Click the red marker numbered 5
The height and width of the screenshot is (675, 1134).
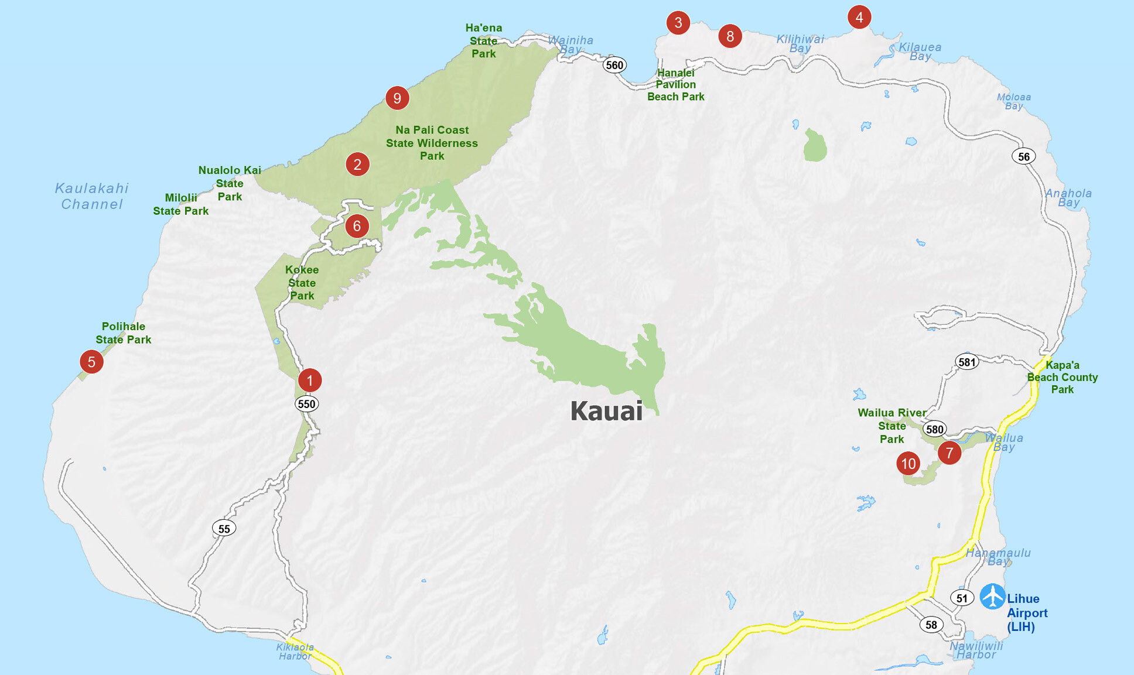(91, 362)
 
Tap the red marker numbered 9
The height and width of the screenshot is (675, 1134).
(397, 98)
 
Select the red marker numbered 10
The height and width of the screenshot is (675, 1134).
(908, 464)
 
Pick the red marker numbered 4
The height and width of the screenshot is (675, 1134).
(859, 17)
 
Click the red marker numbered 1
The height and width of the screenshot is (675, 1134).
(310, 380)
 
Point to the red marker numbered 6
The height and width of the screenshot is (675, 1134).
(357, 226)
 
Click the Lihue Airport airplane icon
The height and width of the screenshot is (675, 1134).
(992, 596)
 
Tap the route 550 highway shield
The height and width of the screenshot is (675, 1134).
(306, 404)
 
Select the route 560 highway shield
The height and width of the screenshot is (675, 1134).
(614, 65)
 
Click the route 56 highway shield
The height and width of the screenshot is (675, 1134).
(1023, 156)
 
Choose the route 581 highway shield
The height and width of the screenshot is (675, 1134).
(966, 362)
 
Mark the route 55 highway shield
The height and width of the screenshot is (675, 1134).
(224, 529)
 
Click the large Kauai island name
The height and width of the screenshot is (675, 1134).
(606, 411)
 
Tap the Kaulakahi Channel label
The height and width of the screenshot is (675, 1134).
(92, 196)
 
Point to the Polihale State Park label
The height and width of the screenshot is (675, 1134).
(123, 333)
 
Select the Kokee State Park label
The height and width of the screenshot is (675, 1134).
(302, 283)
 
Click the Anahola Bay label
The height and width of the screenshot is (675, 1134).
(1068, 198)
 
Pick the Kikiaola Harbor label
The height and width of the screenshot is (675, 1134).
(295, 652)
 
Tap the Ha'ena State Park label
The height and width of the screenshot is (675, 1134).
(484, 41)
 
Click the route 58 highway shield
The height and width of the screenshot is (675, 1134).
(931, 625)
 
